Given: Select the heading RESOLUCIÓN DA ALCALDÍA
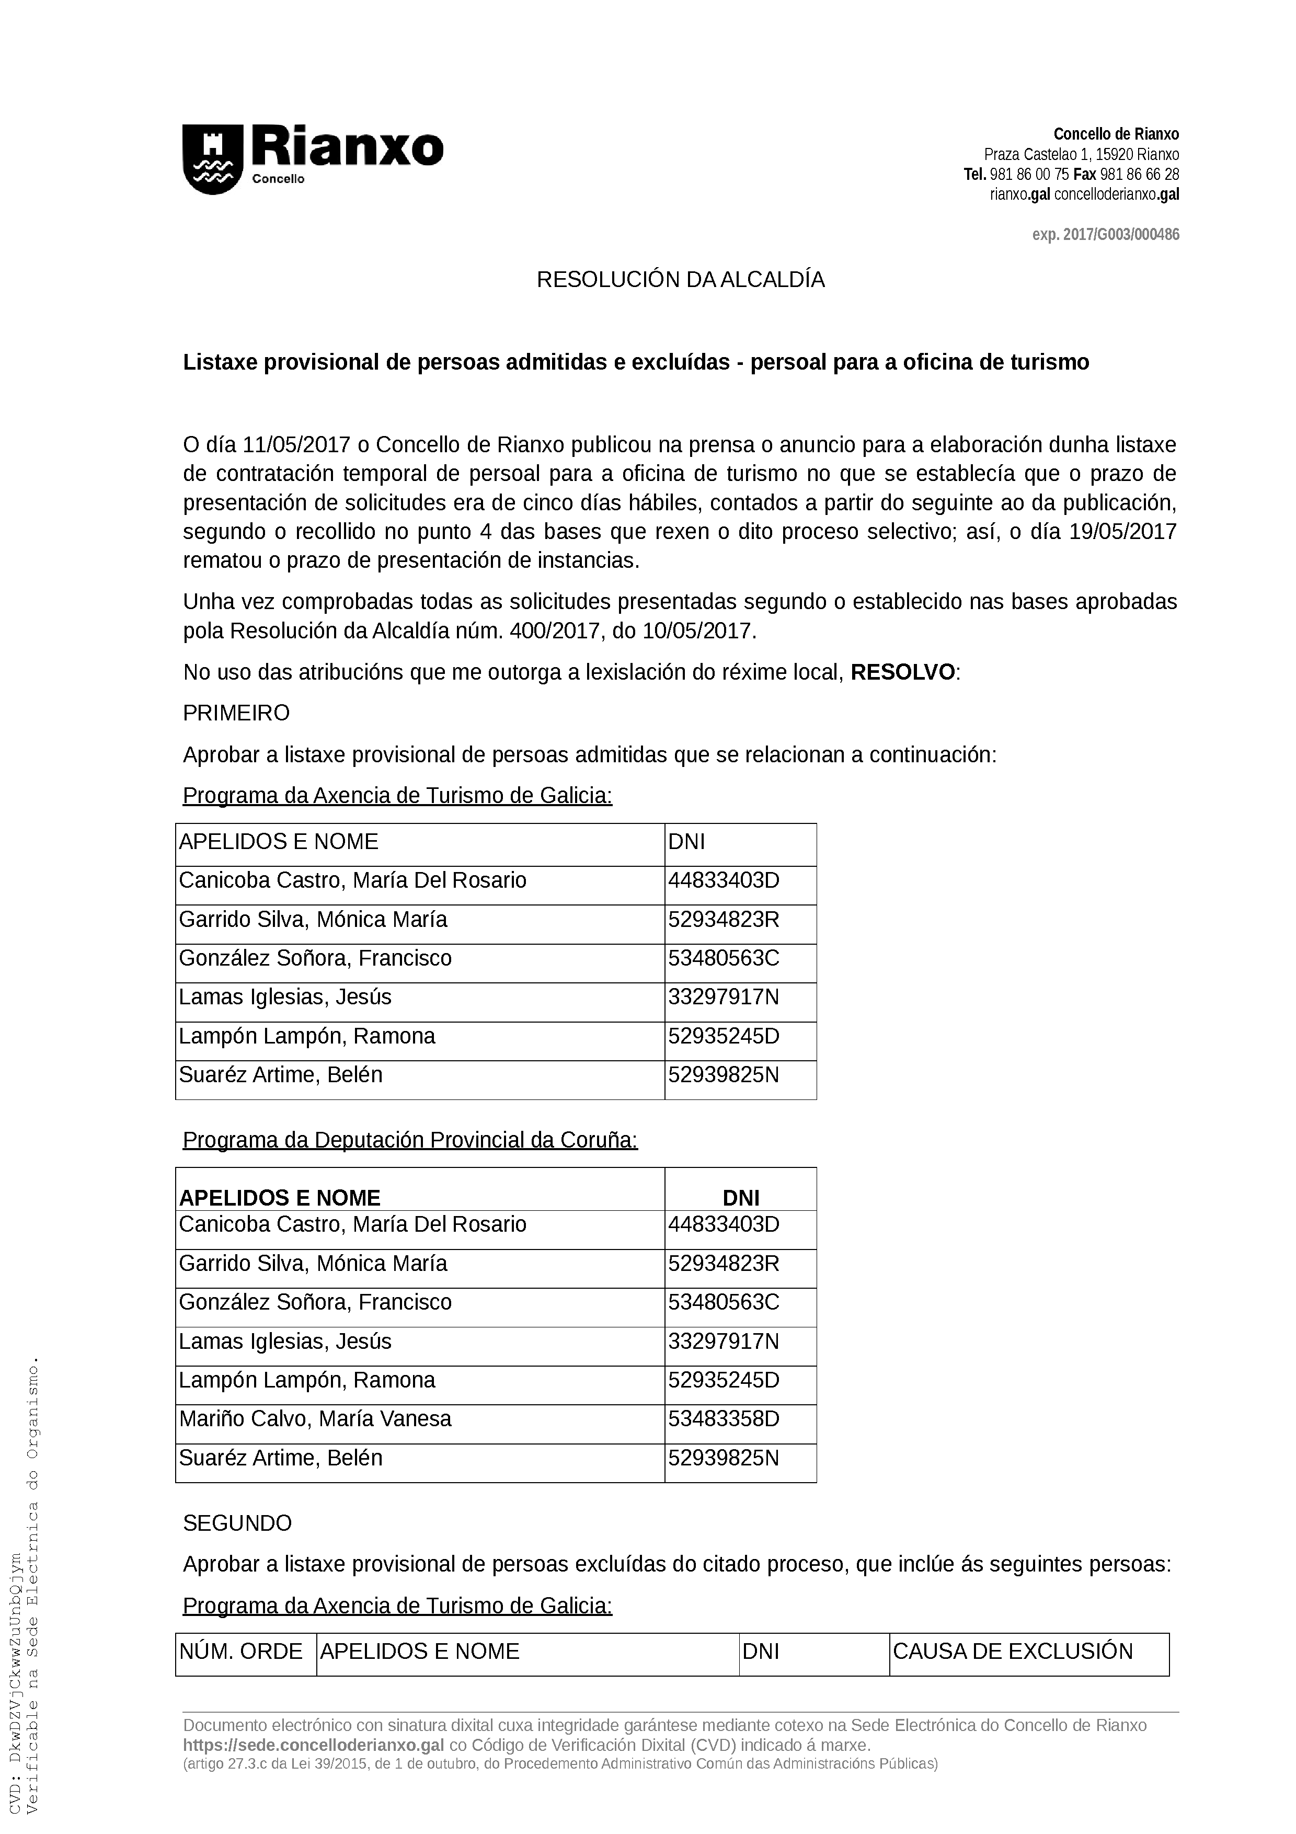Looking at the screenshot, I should [x=680, y=280].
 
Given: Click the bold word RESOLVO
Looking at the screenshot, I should [x=902, y=672].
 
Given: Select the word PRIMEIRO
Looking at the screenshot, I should [x=236, y=713].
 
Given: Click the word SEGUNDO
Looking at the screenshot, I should [x=237, y=1523].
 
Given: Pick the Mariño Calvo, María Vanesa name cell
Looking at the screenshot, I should [x=315, y=1419].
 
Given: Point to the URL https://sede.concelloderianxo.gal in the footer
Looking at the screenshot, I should [x=313, y=1745].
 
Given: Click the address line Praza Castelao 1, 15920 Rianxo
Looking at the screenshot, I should [x=1081, y=155].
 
